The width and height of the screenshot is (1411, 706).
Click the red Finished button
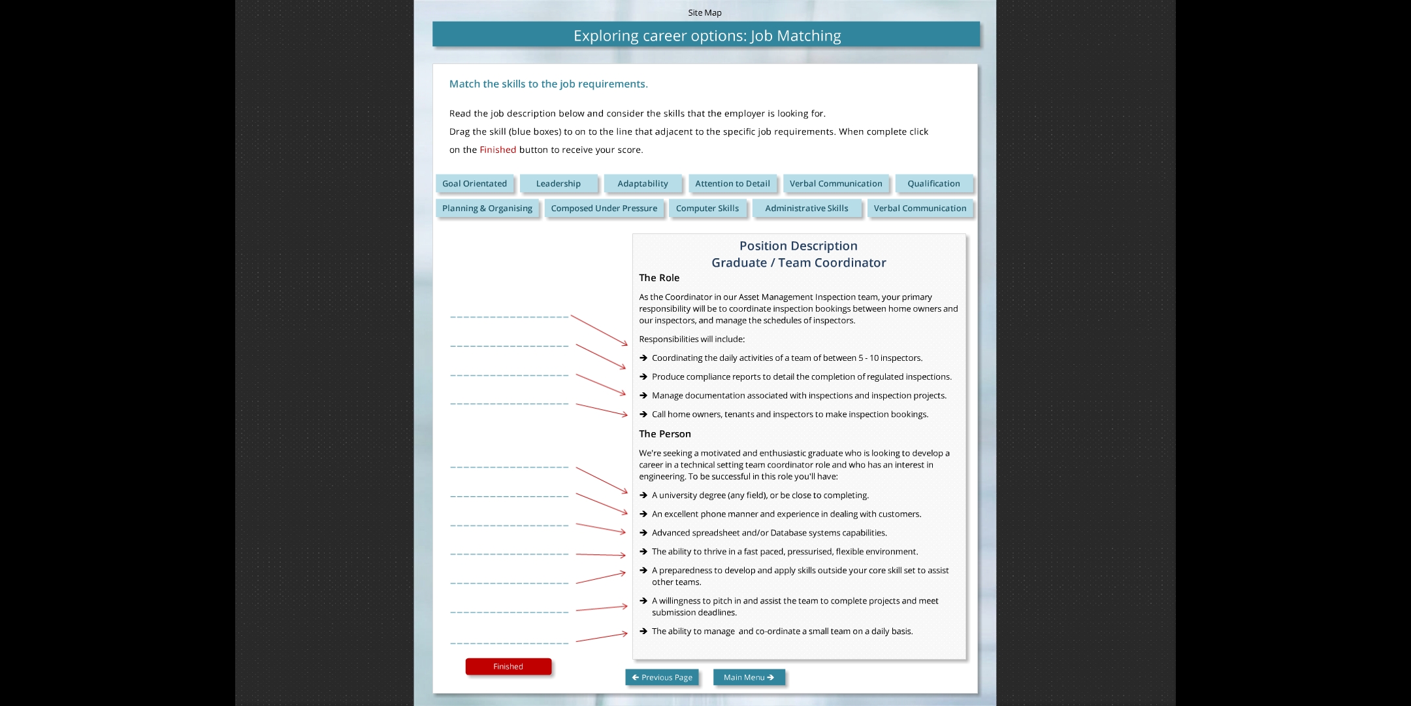[508, 666]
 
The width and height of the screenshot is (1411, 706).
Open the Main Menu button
[749, 677]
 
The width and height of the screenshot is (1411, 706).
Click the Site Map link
[704, 12]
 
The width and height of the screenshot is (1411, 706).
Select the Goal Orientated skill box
[474, 184]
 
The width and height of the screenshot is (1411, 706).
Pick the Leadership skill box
[558, 184]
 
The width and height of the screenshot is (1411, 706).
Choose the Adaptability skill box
[643, 184]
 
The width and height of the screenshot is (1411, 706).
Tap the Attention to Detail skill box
[732, 184]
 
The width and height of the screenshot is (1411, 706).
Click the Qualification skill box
[933, 184]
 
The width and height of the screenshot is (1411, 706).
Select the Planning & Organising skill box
[487, 209]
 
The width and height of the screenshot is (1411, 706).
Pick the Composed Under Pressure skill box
[604, 209]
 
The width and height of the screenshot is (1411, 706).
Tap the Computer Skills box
[707, 209]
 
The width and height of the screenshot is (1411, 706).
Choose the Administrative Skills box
[806, 209]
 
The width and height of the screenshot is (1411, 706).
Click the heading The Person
[664, 434]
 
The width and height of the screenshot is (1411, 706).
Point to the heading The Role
[659, 278]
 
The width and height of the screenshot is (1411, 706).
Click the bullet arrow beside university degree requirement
[643, 496]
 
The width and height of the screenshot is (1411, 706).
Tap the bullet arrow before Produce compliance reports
[643, 377]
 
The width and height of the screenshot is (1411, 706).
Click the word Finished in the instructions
[498, 150]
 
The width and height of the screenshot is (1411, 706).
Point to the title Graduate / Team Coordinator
[798, 263]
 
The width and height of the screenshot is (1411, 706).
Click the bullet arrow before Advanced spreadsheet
[643, 533]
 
